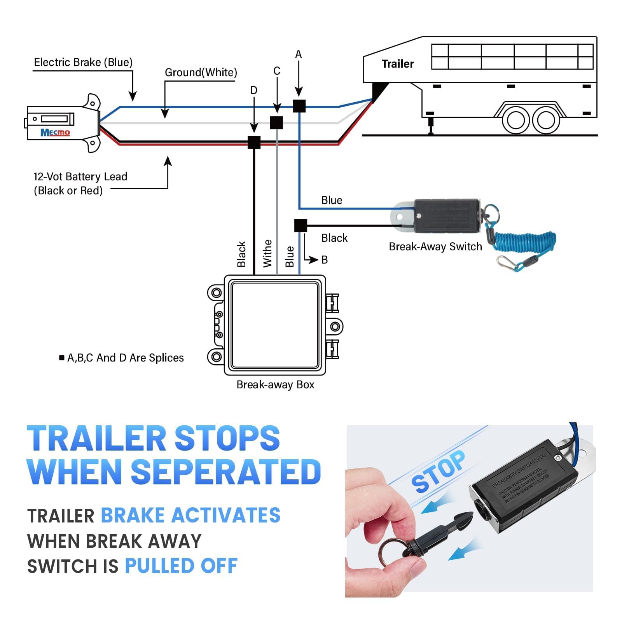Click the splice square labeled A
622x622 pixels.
click(x=299, y=106)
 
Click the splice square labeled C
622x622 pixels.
click(x=276, y=122)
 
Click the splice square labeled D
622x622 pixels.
click(x=254, y=142)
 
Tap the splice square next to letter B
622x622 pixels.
click(x=301, y=225)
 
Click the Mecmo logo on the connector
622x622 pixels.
click(x=55, y=133)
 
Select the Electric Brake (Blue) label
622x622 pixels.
click(x=83, y=63)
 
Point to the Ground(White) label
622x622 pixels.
click(x=201, y=73)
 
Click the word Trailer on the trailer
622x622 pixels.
click(x=397, y=64)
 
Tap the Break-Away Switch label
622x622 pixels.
click(x=435, y=247)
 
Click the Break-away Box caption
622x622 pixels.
click(x=275, y=385)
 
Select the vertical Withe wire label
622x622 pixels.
click(x=267, y=253)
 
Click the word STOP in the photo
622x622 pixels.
click(x=438, y=472)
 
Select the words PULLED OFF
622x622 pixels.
click(x=181, y=566)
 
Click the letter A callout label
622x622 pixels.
click(x=298, y=54)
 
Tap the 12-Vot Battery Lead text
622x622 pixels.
click(x=80, y=177)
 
